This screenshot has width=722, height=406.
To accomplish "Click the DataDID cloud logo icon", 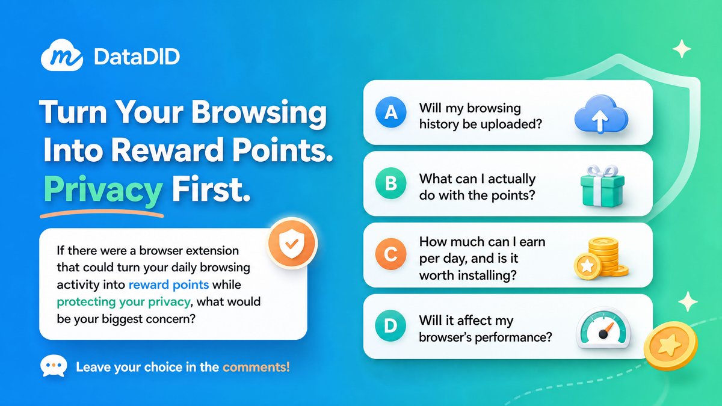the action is (x=62, y=55).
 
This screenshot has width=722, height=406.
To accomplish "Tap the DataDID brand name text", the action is (x=137, y=57).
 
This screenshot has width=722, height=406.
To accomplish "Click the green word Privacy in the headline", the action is (x=103, y=190).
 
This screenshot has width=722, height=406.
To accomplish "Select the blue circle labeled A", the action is (x=390, y=112).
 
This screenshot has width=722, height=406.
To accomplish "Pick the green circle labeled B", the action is (x=390, y=183).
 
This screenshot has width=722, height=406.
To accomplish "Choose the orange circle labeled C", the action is (x=390, y=254).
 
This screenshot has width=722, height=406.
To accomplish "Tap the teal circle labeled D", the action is (x=390, y=325).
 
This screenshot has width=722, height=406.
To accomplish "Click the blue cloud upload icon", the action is (x=601, y=114).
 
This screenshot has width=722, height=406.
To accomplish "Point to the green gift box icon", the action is (x=602, y=186).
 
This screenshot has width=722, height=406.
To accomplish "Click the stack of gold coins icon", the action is (x=601, y=258).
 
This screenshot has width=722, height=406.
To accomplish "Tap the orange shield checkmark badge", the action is (x=292, y=243).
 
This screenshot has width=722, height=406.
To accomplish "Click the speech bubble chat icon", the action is (x=54, y=366).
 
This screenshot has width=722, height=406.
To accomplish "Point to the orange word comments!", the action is (x=256, y=367).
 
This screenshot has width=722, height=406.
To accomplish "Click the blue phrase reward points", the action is (x=168, y=285).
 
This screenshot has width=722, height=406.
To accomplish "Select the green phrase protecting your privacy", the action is (x=123, y=302).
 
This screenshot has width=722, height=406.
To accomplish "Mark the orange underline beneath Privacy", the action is (x=102, y=214).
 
